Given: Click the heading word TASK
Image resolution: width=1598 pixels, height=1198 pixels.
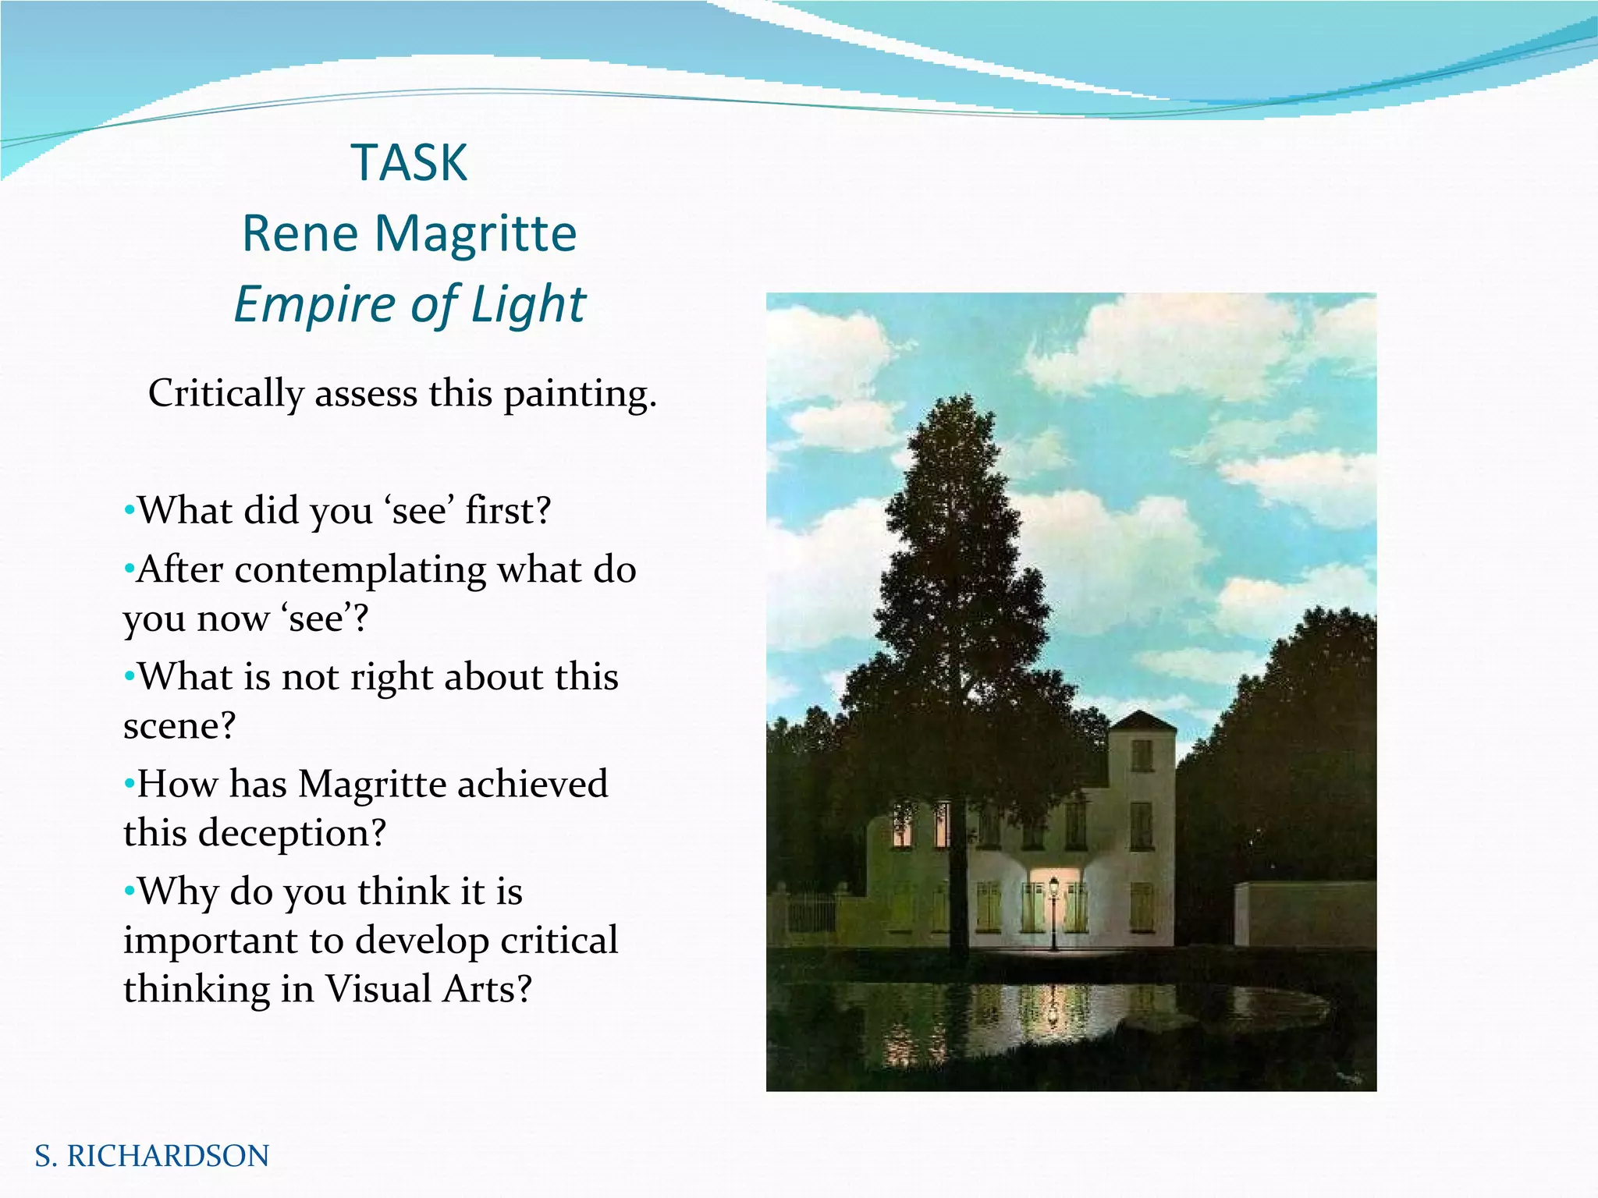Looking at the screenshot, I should [410, 163].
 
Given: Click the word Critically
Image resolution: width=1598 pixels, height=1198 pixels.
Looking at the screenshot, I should [225, 394].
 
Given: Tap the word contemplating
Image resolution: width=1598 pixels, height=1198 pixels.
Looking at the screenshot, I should [361, 569].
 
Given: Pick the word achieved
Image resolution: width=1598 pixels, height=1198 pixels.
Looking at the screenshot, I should [531, 783].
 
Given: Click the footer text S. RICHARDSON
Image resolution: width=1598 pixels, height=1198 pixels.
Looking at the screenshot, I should [152, 1156].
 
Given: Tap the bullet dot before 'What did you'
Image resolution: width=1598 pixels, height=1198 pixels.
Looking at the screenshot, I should [129, 512].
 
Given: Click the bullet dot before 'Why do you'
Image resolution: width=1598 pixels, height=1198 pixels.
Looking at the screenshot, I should [129, 891].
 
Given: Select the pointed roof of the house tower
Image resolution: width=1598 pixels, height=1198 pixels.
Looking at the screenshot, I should [1142, 721].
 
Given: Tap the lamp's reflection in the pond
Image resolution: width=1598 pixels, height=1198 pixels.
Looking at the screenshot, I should [1053, 1010].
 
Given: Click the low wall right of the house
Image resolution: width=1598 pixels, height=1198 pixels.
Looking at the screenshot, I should [1305, 913].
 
